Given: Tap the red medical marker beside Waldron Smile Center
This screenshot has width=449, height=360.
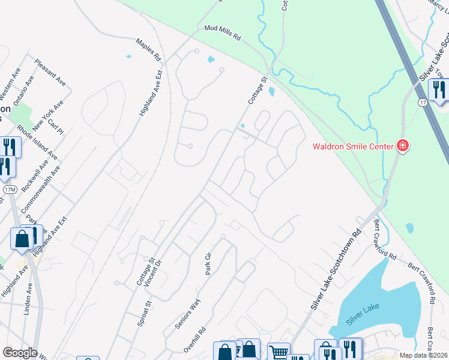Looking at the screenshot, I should coord(402,146).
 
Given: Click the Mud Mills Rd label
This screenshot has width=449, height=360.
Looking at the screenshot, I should coord(222,32).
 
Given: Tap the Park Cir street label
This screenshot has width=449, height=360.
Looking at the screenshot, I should coord(208,265).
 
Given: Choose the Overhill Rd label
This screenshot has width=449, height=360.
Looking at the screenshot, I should coord(194,340).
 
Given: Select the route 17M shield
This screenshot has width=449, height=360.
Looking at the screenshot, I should coord(9,190).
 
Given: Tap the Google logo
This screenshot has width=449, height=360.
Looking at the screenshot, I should coord(20,352).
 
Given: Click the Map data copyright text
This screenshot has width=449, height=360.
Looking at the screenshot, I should coord(424,355).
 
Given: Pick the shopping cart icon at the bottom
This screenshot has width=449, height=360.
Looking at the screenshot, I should coord(278,352).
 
